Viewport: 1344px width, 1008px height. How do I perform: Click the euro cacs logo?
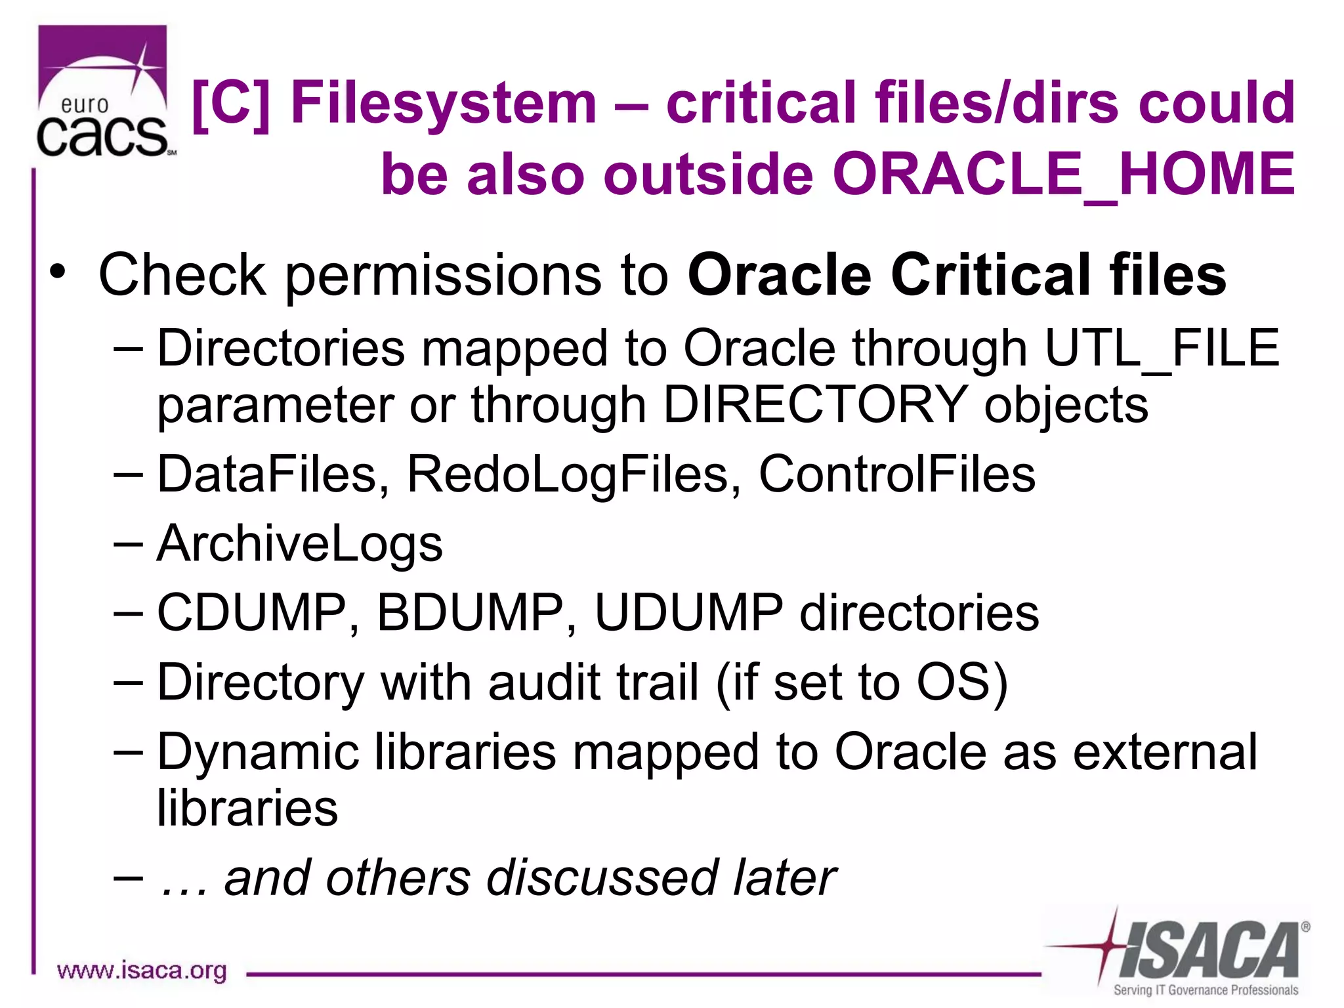pyautogui.click(x=103, y=92)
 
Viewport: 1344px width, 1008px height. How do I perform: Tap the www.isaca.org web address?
pyautogui.click(x=142, y=971)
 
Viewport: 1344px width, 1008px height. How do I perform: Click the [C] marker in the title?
pyautogui.click(x=231, y=102)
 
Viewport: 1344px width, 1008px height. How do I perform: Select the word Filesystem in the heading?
pyautogui.click(x=444, y=102)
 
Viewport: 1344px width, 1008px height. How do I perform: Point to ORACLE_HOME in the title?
pyautogui.click(x=1064, y=175)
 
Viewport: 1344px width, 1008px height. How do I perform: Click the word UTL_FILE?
pyautogui.click(x=1162, y=348)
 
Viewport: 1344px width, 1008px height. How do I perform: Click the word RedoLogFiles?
pyautogui.click(x=568, y=474)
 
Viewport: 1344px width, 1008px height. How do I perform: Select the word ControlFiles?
pyautogui.click(x=896, y=474)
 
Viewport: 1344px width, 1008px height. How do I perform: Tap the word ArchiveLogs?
pyautogui.click(x=300, y=543)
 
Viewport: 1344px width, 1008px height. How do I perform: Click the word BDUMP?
pyautogui.click(x=470, y=613)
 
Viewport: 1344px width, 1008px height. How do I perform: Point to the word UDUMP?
pyautogui.click(x=688, y=613)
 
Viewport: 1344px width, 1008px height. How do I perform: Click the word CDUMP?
pyautogui.click(x=251, y=613)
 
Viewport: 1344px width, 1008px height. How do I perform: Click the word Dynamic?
pyautogui.click(x=258, y=752)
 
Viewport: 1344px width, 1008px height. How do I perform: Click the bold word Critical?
pyautogui.click(x=992, y=276)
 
